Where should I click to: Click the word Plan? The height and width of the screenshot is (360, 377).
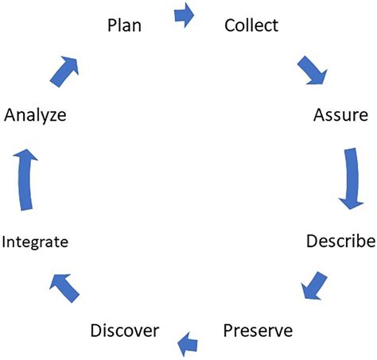[125, 25]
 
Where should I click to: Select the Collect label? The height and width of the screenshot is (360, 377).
[251, 25]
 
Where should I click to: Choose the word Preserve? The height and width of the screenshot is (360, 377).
[258, 329]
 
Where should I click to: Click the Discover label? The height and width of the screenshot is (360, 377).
[125, 329]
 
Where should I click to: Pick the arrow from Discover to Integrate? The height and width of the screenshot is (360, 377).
[65, 285]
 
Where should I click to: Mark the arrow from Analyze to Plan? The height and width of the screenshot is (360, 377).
[66, 71]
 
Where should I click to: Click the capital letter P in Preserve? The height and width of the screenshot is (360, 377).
[228, 329]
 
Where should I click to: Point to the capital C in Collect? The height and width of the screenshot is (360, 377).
[231, 25]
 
